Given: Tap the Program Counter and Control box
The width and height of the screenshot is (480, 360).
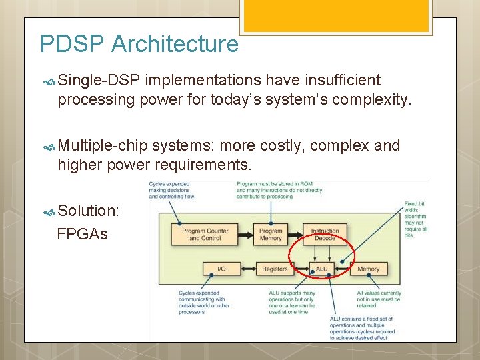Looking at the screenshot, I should [205, 235].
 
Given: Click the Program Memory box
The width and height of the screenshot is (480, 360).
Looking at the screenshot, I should [271, 235].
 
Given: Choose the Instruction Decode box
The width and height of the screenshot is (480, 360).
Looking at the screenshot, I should [325, 235].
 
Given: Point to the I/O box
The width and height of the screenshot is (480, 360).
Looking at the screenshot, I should [221, 269].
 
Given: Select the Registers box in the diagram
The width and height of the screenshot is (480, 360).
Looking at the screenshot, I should [275, 269].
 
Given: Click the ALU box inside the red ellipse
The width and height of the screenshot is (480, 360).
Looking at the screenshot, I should [321, 269].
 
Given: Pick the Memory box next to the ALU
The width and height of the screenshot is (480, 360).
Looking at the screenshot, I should [368, 269].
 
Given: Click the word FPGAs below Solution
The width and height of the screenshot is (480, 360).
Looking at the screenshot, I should [83, 234].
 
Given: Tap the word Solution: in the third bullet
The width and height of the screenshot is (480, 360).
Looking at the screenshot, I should [89, 211].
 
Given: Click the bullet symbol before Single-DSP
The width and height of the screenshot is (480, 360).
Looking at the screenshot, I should [49, 81].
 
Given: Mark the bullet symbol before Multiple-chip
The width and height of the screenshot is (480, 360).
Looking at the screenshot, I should [49, 147].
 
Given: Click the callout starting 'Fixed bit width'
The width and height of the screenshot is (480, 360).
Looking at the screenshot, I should [416, 219].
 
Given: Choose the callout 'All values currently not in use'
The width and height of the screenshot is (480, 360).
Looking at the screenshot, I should [379, 299].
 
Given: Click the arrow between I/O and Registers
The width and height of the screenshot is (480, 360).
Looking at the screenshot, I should [246, 269].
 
